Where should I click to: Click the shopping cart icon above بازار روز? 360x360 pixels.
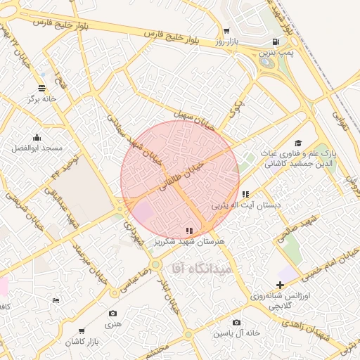226,32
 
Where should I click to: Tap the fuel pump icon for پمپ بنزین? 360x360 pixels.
274,41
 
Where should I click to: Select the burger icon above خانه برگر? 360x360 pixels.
42,89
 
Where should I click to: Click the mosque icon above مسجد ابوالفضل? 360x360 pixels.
37,138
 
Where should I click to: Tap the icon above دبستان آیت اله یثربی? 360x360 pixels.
245,195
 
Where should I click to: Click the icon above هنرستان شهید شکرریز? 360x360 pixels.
188,231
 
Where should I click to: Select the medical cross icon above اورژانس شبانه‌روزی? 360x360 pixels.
281,285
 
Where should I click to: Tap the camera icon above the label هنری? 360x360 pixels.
113,314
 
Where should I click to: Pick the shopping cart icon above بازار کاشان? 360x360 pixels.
82,330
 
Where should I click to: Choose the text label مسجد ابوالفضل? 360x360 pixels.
37,148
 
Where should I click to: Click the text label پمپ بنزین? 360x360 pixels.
274,52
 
